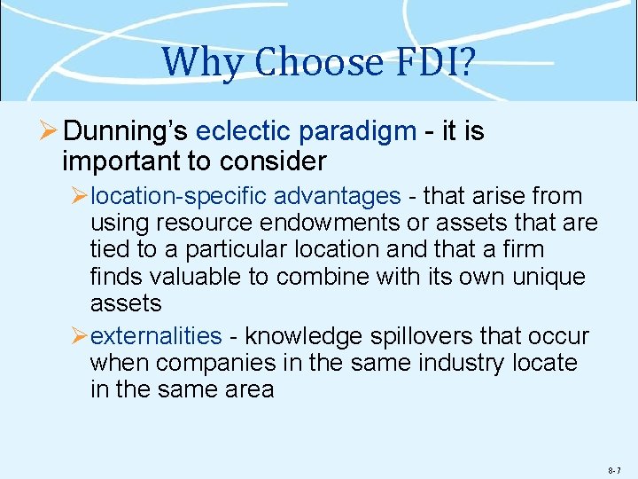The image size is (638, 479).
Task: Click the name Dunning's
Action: [x=126, y=132]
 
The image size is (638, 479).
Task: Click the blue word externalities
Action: [x=157, y=336]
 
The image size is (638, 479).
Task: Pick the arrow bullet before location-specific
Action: [x=79, y=196]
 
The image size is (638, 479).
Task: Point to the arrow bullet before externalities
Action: [x=79, y=336]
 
